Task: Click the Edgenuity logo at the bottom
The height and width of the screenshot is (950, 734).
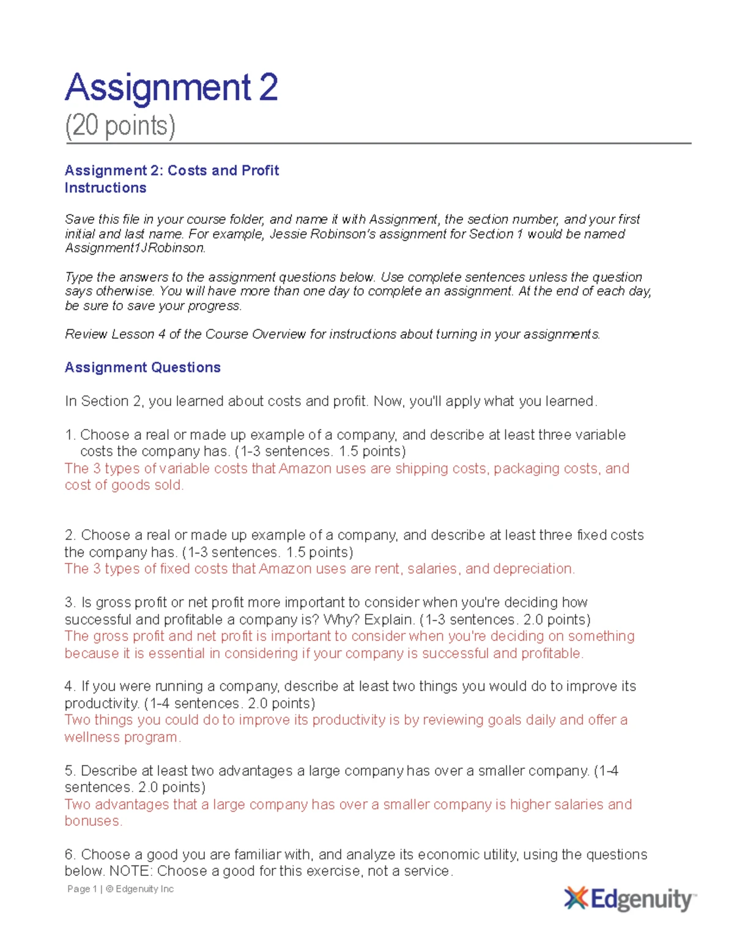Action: (630, 899)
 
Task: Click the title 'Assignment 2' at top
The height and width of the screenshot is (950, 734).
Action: (171, 87)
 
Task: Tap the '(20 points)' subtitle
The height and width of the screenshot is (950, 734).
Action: (120, 125)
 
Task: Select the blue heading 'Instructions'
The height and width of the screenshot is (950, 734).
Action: (105, 188)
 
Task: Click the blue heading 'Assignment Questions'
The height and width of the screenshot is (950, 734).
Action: (143, 367)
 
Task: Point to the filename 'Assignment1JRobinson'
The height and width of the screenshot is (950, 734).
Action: (135, 248)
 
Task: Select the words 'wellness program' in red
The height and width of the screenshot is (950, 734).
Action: (122, 737)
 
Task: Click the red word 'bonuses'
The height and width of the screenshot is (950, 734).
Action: (92, 821)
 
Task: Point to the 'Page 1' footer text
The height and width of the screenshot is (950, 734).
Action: (82, 889)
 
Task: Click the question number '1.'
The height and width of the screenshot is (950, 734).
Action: (70, 435)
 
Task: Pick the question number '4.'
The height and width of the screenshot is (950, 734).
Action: (70, 686)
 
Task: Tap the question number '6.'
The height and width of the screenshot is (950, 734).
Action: (70, 855)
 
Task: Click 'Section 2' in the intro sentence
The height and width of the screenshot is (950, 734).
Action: (105, 401)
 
